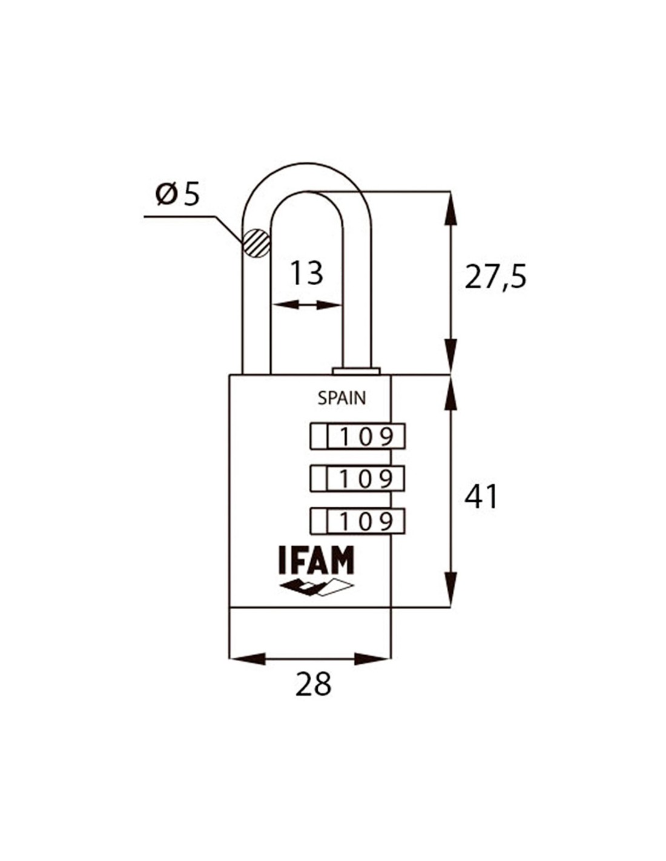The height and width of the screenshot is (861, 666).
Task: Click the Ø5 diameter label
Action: point(177,195)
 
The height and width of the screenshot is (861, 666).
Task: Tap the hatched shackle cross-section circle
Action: point(255,243)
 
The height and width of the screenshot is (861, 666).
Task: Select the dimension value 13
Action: point(306,273)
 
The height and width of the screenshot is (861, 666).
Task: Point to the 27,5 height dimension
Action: point(495,277)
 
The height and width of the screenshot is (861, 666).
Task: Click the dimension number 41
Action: point(481,497)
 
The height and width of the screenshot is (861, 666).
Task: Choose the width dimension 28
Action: point(314,684)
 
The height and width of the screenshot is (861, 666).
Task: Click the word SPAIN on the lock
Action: point(341,398)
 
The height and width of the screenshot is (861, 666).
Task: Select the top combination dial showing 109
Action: point(357,437)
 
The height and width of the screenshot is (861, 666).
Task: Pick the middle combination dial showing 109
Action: point(357,479)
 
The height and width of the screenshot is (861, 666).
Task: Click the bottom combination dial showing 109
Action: point(357,521)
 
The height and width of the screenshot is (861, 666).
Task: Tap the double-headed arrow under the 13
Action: point(307,305)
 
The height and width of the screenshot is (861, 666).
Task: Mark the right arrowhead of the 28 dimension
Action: point(373,659)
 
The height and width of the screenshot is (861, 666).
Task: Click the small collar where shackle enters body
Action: point(356,371)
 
